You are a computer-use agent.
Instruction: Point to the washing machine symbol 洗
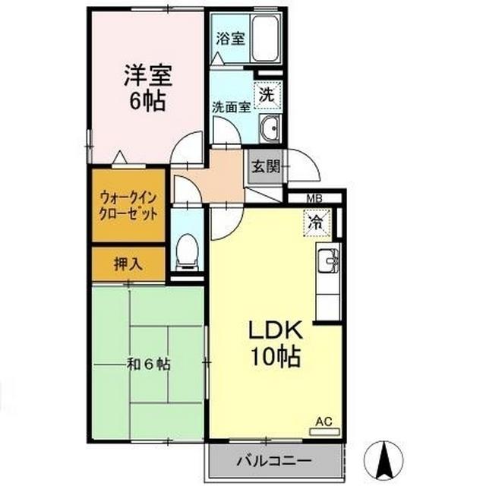click(x=266, y=96)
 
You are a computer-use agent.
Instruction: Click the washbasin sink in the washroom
click(x=269, y=130)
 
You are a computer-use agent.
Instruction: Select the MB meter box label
click(x=314, y=200)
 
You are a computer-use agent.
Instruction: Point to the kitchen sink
click(x=329, y=261)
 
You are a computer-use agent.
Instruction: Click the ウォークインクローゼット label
click(x=128, y=205)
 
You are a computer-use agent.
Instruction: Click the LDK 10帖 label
click(x=276, y=342)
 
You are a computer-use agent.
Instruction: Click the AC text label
click(x=322, y=419)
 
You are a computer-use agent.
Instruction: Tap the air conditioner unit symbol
click(x=322, y=431)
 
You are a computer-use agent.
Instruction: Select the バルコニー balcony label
click(x=271, y=460)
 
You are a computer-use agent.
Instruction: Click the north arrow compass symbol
click(x=384, y=458)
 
